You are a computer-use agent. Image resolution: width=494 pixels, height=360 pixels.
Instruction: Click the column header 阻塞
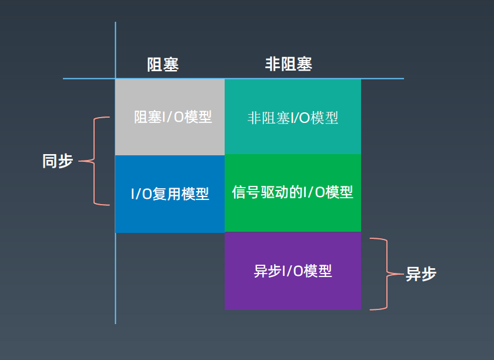coord(163,65)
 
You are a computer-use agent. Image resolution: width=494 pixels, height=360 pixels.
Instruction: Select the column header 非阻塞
coord(289,64)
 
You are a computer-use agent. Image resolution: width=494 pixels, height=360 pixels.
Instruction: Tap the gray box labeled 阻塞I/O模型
coord(170,117)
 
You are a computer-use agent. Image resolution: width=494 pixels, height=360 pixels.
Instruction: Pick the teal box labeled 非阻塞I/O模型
coord(293,116)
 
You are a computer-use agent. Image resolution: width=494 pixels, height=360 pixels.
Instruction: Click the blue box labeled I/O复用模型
coord(170,194)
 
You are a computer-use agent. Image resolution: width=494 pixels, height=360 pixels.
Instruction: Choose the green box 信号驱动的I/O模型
coord(293,193)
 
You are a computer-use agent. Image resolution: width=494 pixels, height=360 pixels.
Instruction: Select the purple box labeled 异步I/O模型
coord(293,271)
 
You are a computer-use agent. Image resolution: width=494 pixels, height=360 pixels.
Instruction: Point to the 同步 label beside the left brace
coord(58,161)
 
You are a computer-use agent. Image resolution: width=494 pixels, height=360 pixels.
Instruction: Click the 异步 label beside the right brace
coord(421,274)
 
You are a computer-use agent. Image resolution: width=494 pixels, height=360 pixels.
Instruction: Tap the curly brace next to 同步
coord(94,161)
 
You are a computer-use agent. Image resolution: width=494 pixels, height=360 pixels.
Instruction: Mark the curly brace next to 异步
coord(387,274)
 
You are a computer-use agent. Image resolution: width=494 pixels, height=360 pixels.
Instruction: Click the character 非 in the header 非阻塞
coord(272,64)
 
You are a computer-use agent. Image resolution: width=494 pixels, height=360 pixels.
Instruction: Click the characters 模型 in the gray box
coord(198,117)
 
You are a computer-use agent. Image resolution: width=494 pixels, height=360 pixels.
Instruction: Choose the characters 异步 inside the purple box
coord(268,271)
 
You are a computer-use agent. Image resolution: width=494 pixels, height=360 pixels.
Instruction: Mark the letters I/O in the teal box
coord(300,118)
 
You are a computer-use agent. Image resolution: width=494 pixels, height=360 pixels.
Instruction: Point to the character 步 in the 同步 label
coord(66,161)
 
